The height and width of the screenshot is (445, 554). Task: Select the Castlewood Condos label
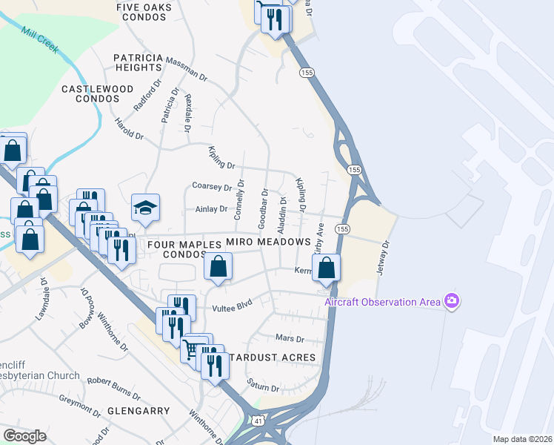(x=97, y=93)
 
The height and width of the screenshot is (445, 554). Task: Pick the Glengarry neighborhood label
(x=138, y=410)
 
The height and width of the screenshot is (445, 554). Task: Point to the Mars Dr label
(x=290, y=339)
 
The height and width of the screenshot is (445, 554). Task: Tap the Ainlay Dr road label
(x=211, y=209)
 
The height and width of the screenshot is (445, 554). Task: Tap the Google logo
(x=24, y=435)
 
